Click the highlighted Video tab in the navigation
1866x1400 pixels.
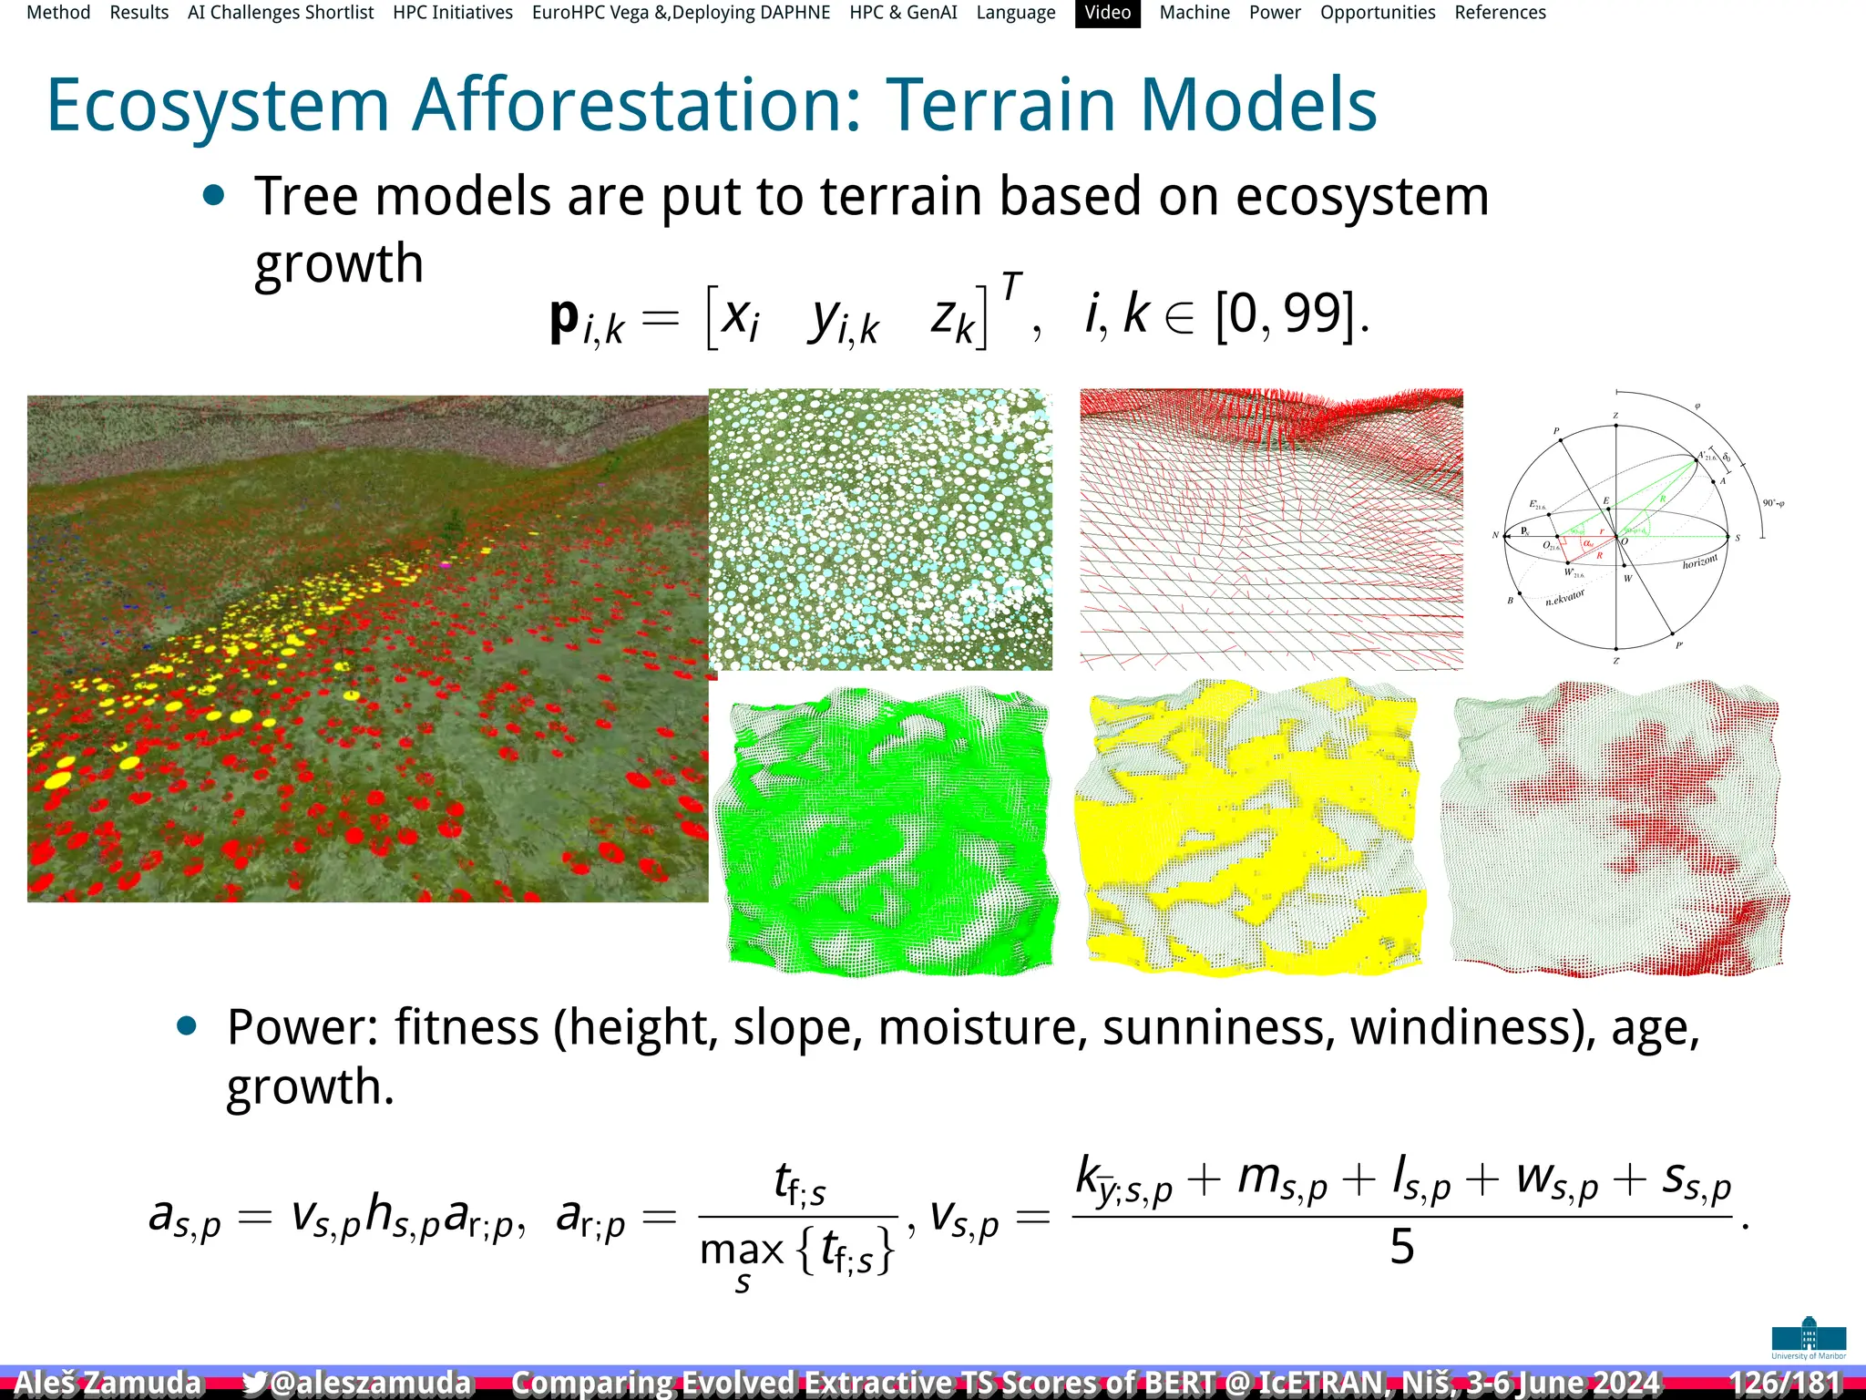1107,13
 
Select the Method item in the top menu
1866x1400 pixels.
58,13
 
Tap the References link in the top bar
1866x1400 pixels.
1500,13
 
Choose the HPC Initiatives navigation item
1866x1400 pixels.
453,13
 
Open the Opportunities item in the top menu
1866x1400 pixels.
1378,13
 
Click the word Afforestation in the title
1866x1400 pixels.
636,105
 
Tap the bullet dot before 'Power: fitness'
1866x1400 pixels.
187,1026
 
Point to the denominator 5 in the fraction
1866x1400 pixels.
1401,1247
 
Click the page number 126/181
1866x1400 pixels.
1785,1383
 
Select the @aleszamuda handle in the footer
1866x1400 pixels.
371,1383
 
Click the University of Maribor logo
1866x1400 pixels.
1809,1338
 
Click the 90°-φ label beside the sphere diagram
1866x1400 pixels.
1773,503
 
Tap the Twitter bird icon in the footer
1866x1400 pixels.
255,1383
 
